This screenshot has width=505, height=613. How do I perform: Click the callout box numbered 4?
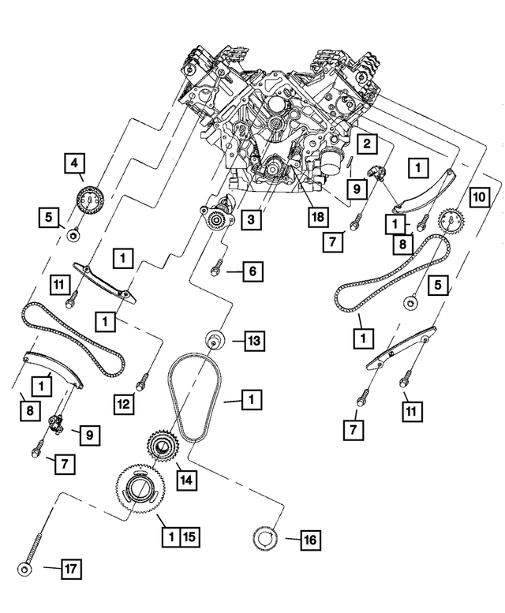tap(74, 164)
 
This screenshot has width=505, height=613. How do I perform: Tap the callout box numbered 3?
tap(250, 219)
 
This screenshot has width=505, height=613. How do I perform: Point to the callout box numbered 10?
tap(480, 196)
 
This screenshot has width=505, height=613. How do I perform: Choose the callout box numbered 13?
tap(253, 341)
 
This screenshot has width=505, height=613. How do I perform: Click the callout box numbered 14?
tap(187, 478)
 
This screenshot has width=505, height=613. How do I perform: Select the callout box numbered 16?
tap(309, 540)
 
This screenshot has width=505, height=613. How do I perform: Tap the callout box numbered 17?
tap(72, 567)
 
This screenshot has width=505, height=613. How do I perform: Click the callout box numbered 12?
tap(122, 404)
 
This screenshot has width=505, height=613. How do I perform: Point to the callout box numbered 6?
tap(252, 271)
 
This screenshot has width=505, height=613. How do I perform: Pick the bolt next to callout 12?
tap(142, 381)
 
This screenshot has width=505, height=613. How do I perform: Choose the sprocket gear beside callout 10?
tap(449, 220)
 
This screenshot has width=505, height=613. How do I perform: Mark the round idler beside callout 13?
tap(213, 341)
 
